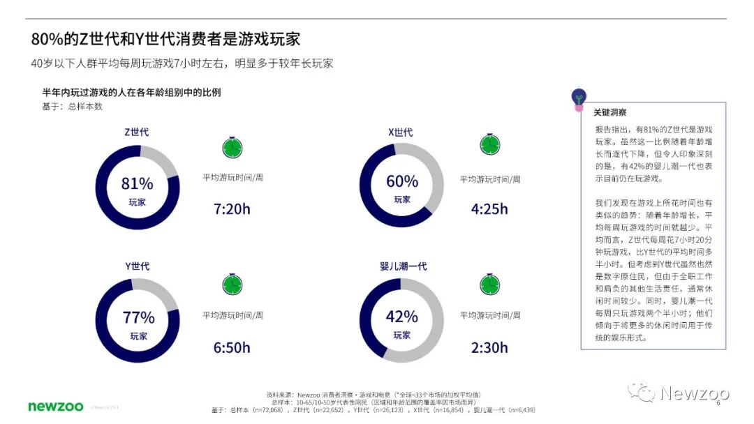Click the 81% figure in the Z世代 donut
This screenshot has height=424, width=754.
pos(137,183)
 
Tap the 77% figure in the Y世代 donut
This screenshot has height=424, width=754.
pos(138,317)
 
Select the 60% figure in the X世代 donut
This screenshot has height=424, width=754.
pos(401,181)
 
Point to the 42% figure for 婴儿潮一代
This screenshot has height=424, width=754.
pos(401,317)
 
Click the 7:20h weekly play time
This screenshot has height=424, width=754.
pos(232,209)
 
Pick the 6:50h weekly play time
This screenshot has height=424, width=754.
pos(232,347)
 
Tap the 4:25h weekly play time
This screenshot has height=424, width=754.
pos(489,209)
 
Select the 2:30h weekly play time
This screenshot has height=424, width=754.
pos(489,347)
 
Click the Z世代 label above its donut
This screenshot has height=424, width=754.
pos(137,132)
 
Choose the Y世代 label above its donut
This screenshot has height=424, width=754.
pos(137,266)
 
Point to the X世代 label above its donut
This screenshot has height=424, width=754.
pos(401,132)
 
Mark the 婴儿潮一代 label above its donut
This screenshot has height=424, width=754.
pos(404,266)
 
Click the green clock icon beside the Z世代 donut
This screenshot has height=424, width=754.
pos(232,146)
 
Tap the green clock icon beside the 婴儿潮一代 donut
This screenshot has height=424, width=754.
pos(490,284)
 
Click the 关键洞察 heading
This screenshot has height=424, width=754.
pos(610,112)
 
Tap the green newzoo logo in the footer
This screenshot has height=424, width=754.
pos(56,406)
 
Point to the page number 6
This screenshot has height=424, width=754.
pos(718,402)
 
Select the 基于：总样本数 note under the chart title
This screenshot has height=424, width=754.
pos(73,107)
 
